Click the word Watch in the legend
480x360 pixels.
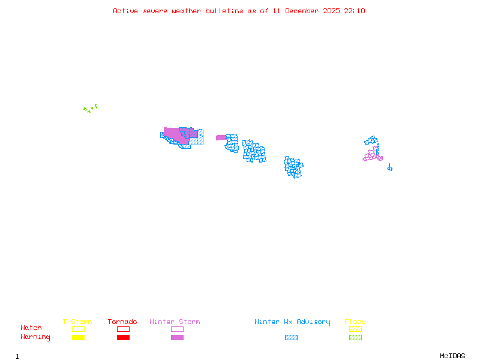pos(31,328)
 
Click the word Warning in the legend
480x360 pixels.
pos(35,337)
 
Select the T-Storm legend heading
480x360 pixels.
pos(77,322)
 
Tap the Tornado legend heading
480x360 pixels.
pos(122,322)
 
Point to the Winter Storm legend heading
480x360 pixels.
pos(175,322)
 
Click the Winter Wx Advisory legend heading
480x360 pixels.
pos(292,322)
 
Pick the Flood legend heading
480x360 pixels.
pos(355,322)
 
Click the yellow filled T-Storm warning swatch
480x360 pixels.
pos(78,337)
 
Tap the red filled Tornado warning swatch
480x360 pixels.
pos(123,337)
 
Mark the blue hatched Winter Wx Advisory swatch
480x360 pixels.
pos(291,337)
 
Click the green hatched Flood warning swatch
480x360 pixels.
pos(355,337)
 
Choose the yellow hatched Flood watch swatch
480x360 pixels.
pos(355,329)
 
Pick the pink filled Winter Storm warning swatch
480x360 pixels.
pos(177,337)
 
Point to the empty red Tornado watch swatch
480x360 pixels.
pos(123,329)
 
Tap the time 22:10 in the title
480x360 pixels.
pos(354,11)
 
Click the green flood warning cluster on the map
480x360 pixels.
pos(90,109)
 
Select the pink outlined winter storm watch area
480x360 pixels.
pos(373,154)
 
